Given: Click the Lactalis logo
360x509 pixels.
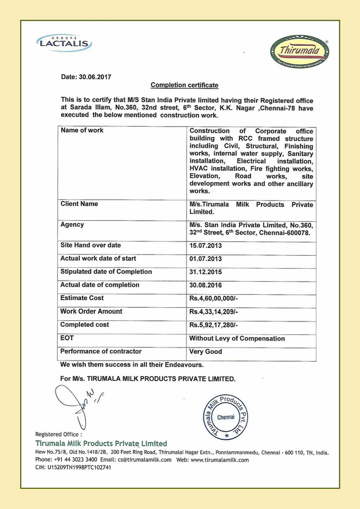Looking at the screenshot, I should tap(64, 42).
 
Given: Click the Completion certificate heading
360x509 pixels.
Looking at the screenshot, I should tap(184, 85).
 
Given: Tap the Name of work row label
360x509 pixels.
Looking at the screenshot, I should tap(82, 131).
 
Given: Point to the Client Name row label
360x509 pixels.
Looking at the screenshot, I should tap(79, 204).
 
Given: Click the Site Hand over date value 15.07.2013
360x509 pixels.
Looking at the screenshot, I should tap(206, 246).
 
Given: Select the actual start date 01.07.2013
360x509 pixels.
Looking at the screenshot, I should tap(206, 259).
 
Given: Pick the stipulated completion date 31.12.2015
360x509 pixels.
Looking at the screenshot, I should tap(206, 272).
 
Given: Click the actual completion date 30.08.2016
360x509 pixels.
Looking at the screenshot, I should tap(206, 285).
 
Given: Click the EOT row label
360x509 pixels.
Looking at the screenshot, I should tap(67, 338).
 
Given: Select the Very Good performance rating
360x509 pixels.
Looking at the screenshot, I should tap(206, 351).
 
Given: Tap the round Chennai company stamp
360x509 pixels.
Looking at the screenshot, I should tap(226, 416).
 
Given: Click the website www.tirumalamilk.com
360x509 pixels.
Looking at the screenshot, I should tap(220, 460).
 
